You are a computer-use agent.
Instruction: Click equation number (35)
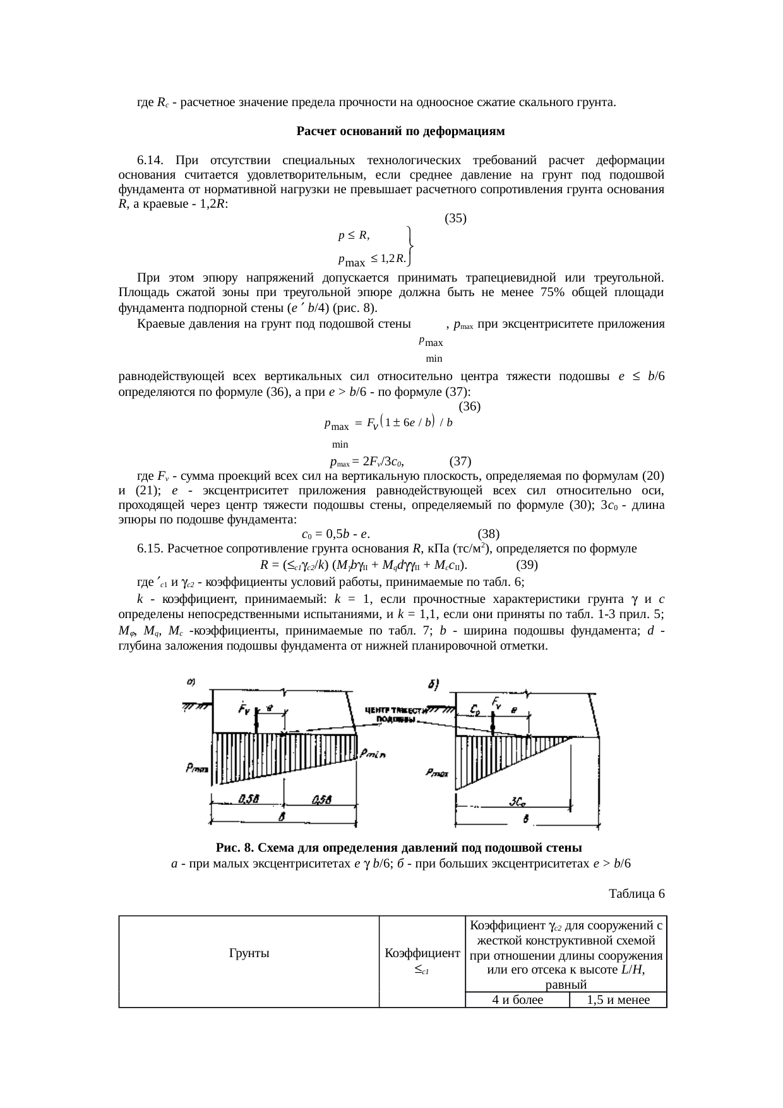tap(455, 218)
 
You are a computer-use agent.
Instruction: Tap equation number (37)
tap(460, 461)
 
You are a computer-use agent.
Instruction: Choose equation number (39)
tap(527, 564)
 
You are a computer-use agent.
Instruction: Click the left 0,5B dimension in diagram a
tap(248, 799)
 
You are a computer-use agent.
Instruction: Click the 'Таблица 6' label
tap(637, 894)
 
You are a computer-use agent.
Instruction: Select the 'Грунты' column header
tap(249, 953)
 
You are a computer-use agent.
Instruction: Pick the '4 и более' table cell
tap(517, 1000)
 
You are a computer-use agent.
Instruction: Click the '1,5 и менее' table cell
tap(618, 1000)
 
